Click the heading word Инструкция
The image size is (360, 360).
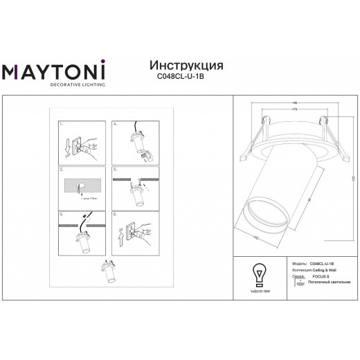click(186, 65)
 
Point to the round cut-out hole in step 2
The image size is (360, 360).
click(79, 186)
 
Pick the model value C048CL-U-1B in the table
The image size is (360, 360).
click(321, 264)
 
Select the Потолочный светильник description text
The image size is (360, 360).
click(325, 282)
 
